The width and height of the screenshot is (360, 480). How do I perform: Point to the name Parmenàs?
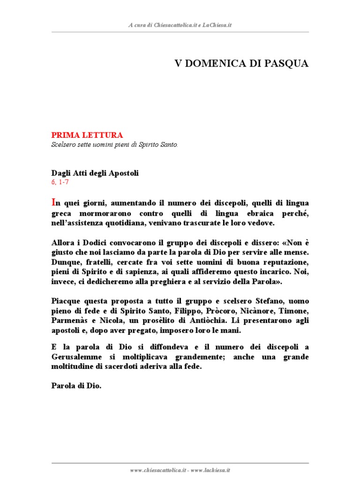[x=68, y=322]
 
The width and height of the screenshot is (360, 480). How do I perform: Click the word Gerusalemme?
[x=75, y=357]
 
